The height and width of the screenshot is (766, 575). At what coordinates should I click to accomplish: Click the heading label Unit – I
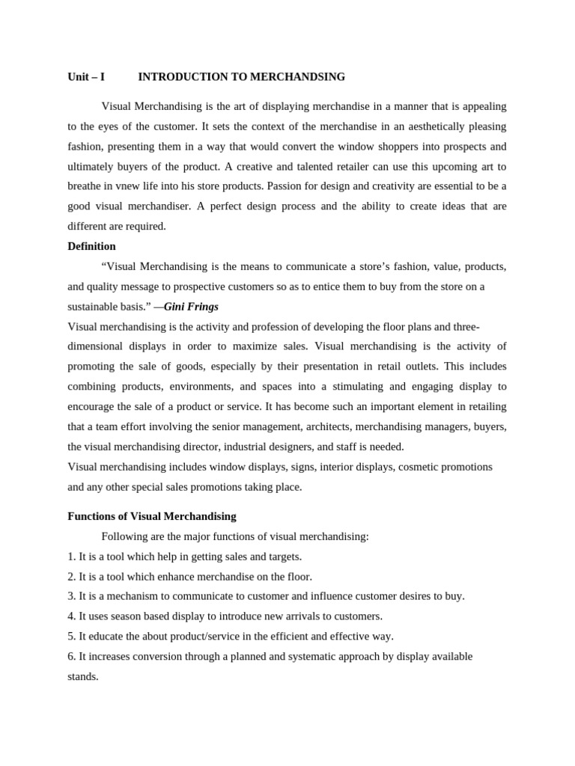pyautogui.click(x=86, y=77)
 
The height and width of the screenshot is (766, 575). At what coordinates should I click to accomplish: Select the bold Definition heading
pyautogui.click(x=91, y=246)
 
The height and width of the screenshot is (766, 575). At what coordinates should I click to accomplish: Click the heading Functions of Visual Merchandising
pyautogui.click(x=151, y=516)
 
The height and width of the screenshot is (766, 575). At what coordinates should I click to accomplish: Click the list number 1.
pyautogui.click(x=71, y=557)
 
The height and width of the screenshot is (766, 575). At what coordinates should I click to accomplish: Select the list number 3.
pyautogui.click(x=71, y=596)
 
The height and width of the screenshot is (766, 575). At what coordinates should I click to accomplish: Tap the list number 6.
pyautogui.click(x=71, y=656)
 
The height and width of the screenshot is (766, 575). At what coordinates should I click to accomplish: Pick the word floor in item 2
pyautogui.click(x=297, y=577)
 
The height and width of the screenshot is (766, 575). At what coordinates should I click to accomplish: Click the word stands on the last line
pyautogui.click(x=82, y=676)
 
